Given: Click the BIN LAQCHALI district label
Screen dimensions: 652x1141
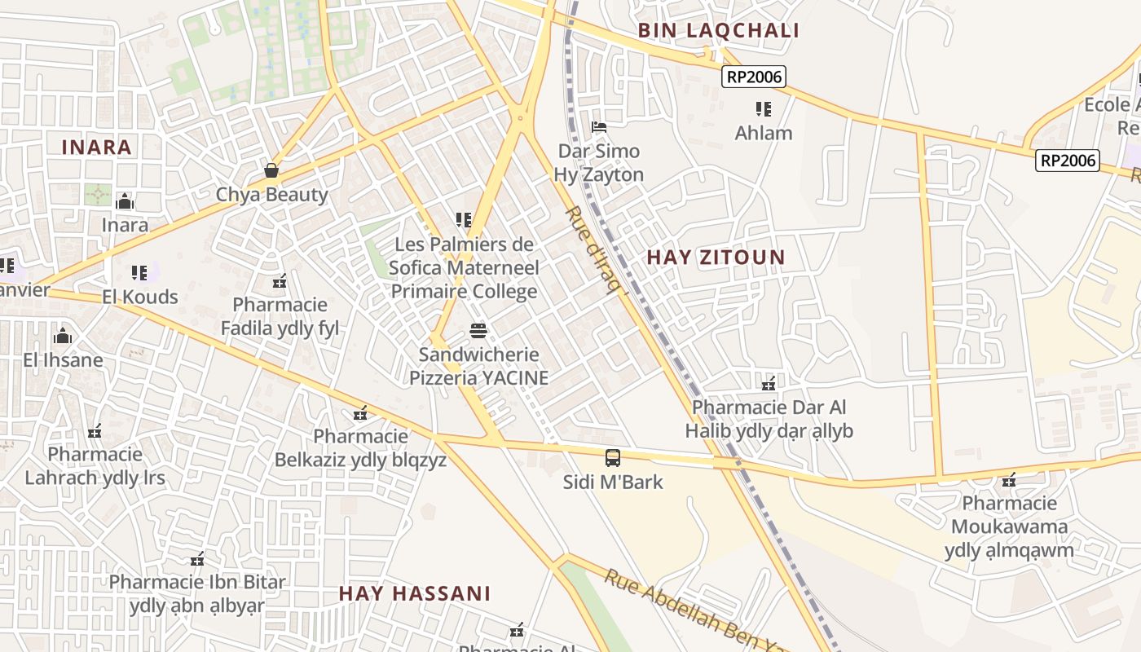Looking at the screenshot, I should (x=718, y=31).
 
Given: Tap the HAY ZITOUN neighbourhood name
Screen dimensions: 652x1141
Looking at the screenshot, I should (x=716, y=258).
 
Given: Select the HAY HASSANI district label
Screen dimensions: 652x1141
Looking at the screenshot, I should (x=415, y=593).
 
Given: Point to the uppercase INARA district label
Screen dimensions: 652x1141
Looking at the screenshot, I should (x=96, y=148).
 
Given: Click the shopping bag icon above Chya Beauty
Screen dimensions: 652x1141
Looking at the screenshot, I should (x=271, y=170).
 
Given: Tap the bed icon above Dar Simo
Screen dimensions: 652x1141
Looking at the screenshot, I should (x=599, y=127).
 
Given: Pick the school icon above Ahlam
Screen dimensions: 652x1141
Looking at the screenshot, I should (x=764, y=108).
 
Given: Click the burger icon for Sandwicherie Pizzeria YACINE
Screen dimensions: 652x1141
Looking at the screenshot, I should (x=478, y=331).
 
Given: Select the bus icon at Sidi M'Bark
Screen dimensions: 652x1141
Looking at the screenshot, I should (x=613, y=458).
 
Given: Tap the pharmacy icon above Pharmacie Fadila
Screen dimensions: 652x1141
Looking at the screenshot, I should (x=280, y=281).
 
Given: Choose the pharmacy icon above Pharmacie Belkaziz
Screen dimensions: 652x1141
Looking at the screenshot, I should (x=360, y=413).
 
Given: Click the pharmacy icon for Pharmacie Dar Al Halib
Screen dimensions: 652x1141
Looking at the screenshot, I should (x=769, y=382).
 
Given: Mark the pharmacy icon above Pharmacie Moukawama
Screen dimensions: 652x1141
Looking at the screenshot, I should (x=1009, y=479).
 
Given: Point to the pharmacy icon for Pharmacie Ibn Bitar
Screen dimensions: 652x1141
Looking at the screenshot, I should (x=197, y=559).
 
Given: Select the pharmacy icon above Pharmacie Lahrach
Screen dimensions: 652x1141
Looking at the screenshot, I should (x=95, y=430).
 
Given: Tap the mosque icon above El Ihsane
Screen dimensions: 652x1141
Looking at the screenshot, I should (x=63, y=336).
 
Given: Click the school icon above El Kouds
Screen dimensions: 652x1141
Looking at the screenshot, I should (x=139, y=272).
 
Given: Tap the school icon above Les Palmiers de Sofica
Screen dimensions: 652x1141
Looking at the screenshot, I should (x=464, y=220).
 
